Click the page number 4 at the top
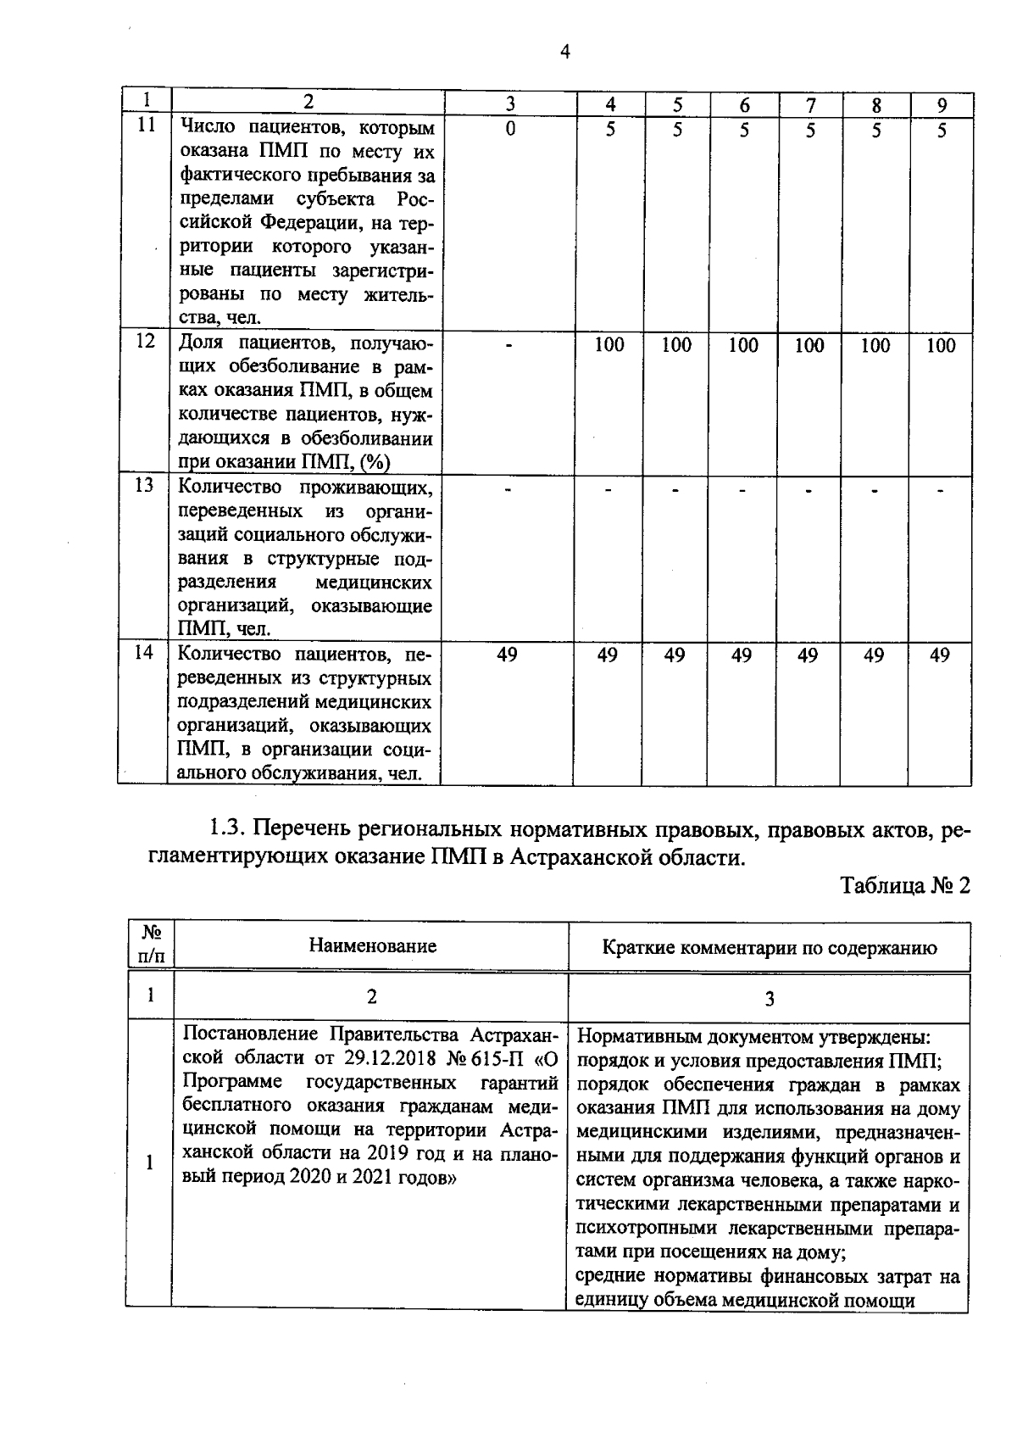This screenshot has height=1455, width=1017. click(565, 53)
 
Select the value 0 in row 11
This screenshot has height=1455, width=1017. click(510, 130)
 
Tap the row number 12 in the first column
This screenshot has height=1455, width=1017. click(146, 341)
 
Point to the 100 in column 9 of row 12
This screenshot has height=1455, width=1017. click(941, 345)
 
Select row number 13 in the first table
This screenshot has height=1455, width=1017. click(146, 485)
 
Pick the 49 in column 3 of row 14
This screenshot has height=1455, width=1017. click(507, 655)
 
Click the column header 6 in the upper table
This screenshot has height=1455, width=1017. click(744, 105)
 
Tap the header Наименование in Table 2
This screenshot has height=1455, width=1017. click(372, 946)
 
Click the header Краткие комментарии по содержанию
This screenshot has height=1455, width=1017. click(769, 948)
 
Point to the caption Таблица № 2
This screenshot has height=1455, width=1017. click(904, 886)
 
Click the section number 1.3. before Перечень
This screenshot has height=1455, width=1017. click(227, 828)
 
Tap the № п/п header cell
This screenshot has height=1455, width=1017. click(151, 944)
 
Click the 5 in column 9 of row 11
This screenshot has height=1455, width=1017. click(941, 130)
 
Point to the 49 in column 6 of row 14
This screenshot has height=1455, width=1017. click(742, 655)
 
